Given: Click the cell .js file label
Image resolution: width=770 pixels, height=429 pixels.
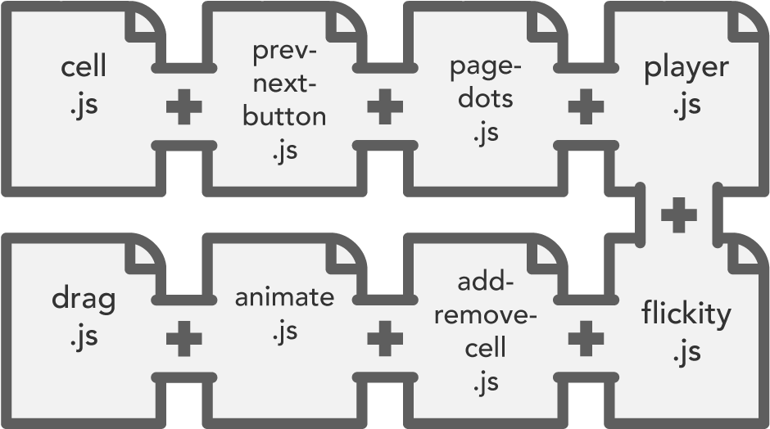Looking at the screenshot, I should pyautogui.click(x=84, y=85).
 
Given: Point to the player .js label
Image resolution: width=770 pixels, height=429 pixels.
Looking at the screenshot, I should pyautogui.click(x=686, y=85).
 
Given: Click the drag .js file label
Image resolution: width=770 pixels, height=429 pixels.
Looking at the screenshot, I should pyautogui.click(x=84, y=315).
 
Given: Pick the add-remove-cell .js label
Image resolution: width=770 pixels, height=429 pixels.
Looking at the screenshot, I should pyautogui.click(x=485, y=332).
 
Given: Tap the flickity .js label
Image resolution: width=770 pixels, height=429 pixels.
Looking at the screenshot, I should pyautogui.click(x=685, y=331).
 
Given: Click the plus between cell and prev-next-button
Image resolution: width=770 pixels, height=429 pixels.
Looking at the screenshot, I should pyautogui.click(x=183, y=108).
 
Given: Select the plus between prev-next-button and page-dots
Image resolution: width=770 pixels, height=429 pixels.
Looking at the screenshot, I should pyautogui.click(x=384, y=108).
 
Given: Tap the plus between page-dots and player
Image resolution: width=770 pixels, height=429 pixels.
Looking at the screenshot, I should pyautogui.click(x=586, y=108).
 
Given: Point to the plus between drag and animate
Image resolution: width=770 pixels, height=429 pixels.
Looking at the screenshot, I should pyautogui.click(x=183, y=338).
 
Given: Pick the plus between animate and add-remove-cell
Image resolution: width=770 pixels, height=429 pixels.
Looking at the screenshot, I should pyautogui.click(x=384, y=338).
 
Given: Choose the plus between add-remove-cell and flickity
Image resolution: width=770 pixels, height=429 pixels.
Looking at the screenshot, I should pyautogui.click(x=586, y=338).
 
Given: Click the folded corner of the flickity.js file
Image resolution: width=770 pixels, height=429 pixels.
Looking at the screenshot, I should pyautogui.click(x=748, y=255).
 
